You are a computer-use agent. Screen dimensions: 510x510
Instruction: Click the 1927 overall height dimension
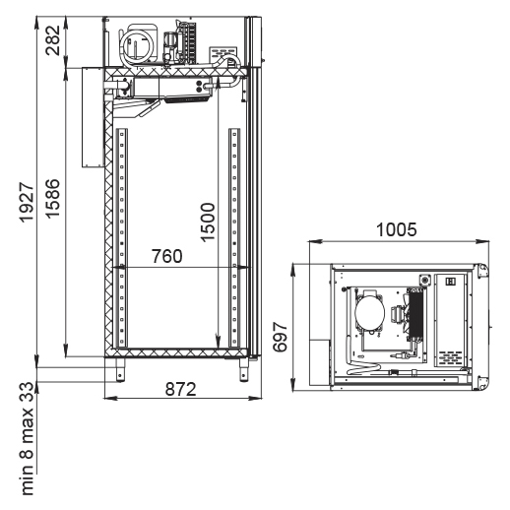tap(27, 203)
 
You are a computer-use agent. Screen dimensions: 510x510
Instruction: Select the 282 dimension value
tap(53, 40)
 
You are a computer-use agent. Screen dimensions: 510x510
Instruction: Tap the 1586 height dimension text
tap(52, 199)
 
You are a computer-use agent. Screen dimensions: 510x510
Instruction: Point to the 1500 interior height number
tap(208, 223)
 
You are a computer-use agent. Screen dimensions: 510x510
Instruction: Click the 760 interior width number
tap(166, 256)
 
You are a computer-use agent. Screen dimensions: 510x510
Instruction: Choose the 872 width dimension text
tap(180, 389)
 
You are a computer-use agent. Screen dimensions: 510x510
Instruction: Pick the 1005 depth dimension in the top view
tap(397, 229)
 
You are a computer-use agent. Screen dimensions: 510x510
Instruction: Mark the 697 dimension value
tap(280, 337)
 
